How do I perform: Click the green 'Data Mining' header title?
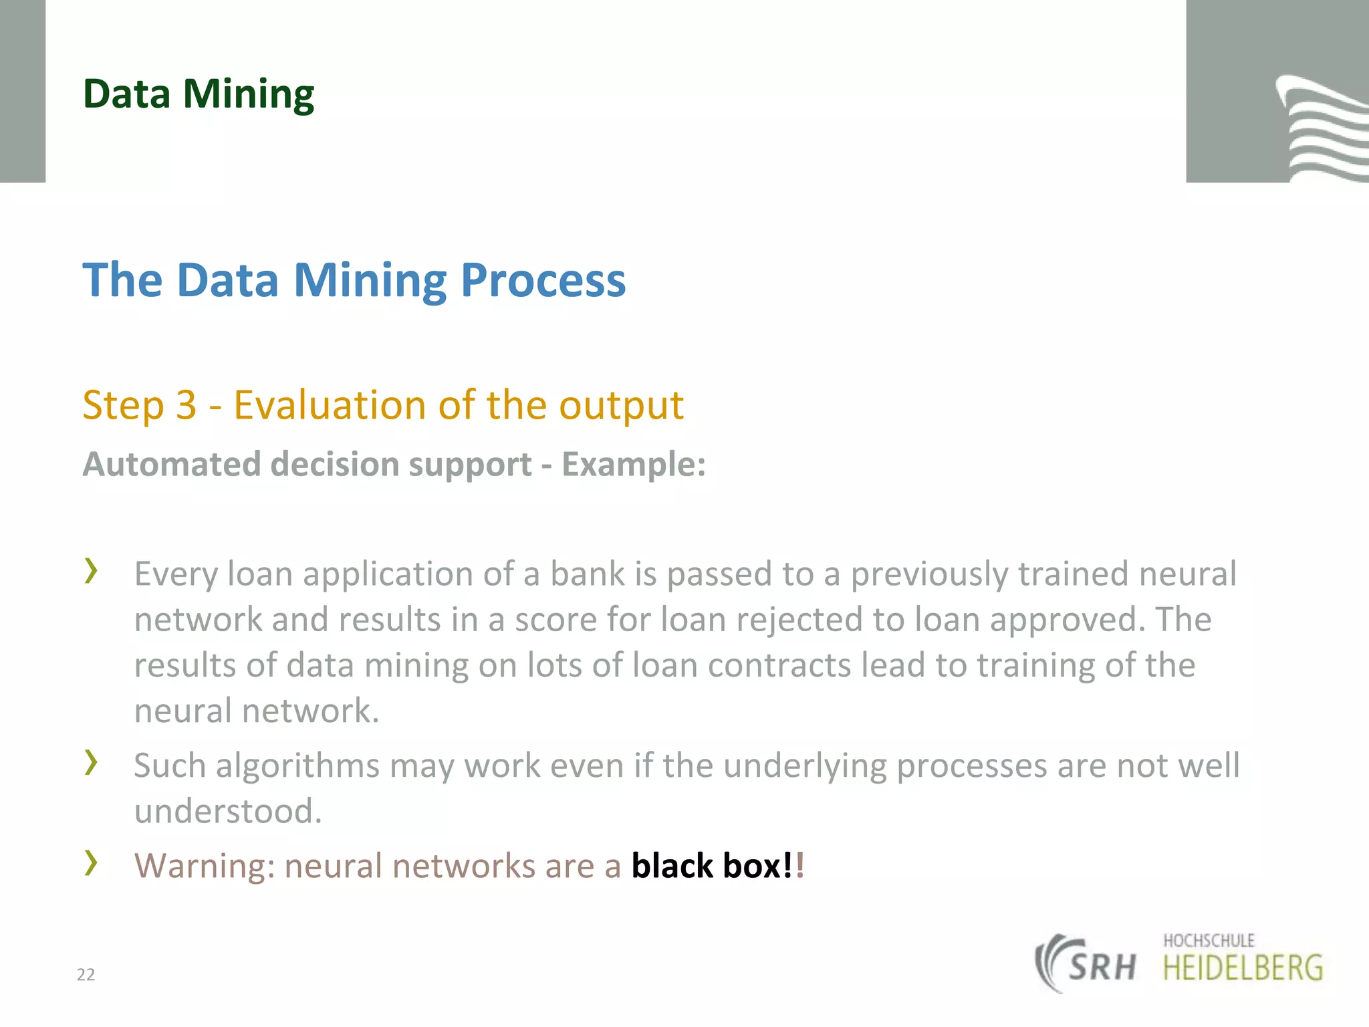coord(199,94)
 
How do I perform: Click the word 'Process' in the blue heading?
coord(543,280)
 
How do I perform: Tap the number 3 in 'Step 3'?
coord(186,405)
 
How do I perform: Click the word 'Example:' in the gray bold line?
coord(634,464)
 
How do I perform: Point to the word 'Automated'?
coord(171,464)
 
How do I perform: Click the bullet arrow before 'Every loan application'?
coord(91,570)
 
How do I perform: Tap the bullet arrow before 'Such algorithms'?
coord(91,762)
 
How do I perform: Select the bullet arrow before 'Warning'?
coord(91,863)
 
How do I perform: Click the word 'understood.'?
coord(228,812)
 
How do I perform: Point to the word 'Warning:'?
coord(205,867)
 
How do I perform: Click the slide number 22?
coord(86,975)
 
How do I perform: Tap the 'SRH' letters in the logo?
coord(1102,967)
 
